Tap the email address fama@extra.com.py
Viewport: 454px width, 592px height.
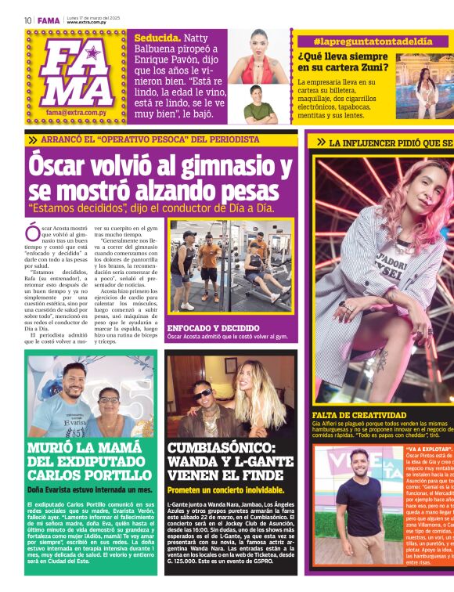pyautogui.click(x=77, y=113)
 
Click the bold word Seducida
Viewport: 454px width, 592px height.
pyautogui.click(x=157, y=37)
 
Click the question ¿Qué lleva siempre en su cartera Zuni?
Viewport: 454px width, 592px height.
pyautogui.click(x=344, y=62)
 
